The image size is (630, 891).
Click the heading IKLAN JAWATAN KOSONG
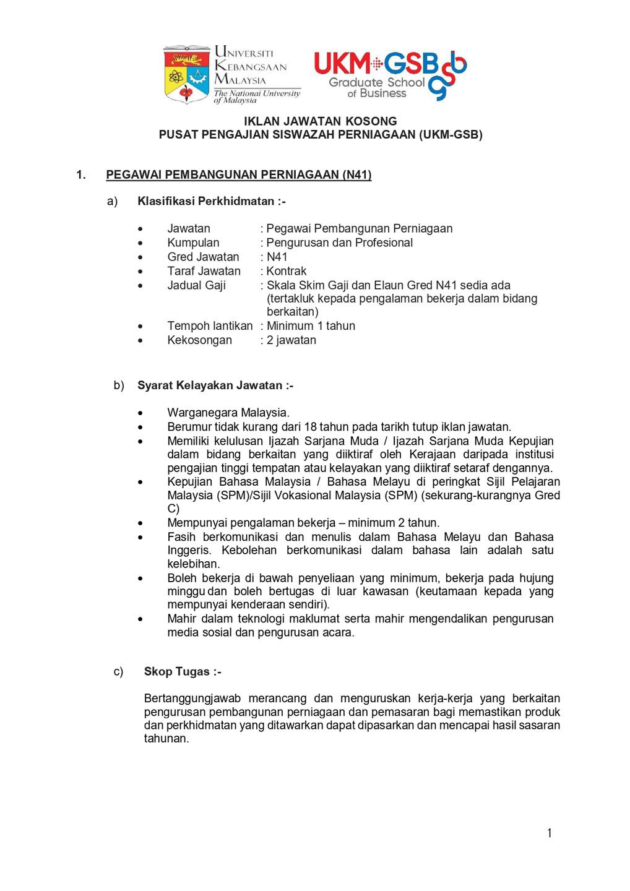click(320, 121)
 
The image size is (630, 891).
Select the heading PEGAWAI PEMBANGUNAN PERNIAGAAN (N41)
click(239, 174)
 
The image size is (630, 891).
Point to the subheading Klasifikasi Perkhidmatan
click(211, 201)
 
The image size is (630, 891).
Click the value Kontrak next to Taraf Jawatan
click(287, 271)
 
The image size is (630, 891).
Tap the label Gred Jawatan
click(203, 257)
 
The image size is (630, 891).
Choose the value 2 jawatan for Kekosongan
click(291, 340)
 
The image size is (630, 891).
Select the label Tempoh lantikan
click(210, 325)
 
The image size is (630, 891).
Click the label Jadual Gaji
click(196, 285)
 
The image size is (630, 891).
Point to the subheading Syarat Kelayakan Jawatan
click(215, 385)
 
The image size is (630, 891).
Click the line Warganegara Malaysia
click(228, 413)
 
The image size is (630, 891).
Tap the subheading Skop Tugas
click(183, 671)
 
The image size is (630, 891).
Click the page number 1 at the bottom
click(549, 833)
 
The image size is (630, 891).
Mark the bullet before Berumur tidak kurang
click(141, 428)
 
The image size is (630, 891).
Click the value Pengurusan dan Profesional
click(340, 243)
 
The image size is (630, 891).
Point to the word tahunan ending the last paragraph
click(166, 739)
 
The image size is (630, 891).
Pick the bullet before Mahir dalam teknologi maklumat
click(141, 619)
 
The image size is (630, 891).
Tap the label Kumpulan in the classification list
click(193, 243)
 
